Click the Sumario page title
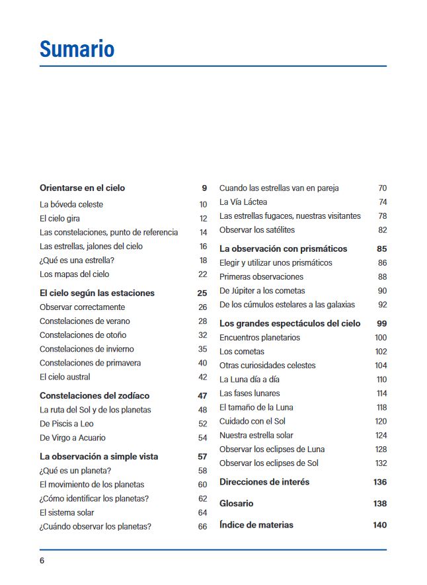[x=77, y=49]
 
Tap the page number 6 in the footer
[x=42, y=561]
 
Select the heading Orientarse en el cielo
[x=82, y=188]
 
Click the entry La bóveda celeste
[x=71, y=204]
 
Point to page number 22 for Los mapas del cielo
[x=203, y=274]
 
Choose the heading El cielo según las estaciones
[x=97, y=293]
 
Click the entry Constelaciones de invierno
[x=87, y=349]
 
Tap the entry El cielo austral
[x=65, y=377]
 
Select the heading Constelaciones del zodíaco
[x=95, y=395]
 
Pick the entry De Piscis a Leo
[x=68, y=424]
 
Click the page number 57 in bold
[x=202, y=457]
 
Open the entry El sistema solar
[x=67, y=512]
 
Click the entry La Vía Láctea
[x=243, y=202]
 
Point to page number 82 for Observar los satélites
[x=382, y=229]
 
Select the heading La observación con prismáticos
[x=283, y=249]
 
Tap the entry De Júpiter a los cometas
[x=266, y=291]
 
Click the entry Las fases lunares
[x=249, y=393]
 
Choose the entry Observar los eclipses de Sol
[x=269, y=463]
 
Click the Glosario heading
[x=236, y=504]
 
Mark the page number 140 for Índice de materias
[x=379, y=525]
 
